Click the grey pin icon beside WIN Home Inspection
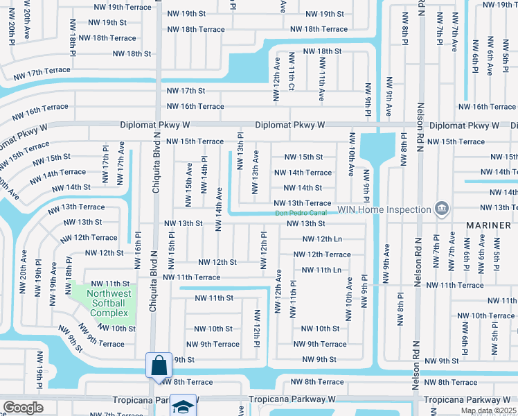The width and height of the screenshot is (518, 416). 440,209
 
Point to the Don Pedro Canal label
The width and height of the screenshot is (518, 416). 300,214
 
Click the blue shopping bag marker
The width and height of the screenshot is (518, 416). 159,365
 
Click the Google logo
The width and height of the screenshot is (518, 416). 23,408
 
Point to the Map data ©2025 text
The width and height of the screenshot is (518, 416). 489,411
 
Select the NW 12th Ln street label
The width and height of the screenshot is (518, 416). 323,239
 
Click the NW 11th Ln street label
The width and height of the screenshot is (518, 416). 322,270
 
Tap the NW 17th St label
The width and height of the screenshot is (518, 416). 186,91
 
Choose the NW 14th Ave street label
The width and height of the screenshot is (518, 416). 220,206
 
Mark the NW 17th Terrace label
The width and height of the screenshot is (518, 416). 42,71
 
